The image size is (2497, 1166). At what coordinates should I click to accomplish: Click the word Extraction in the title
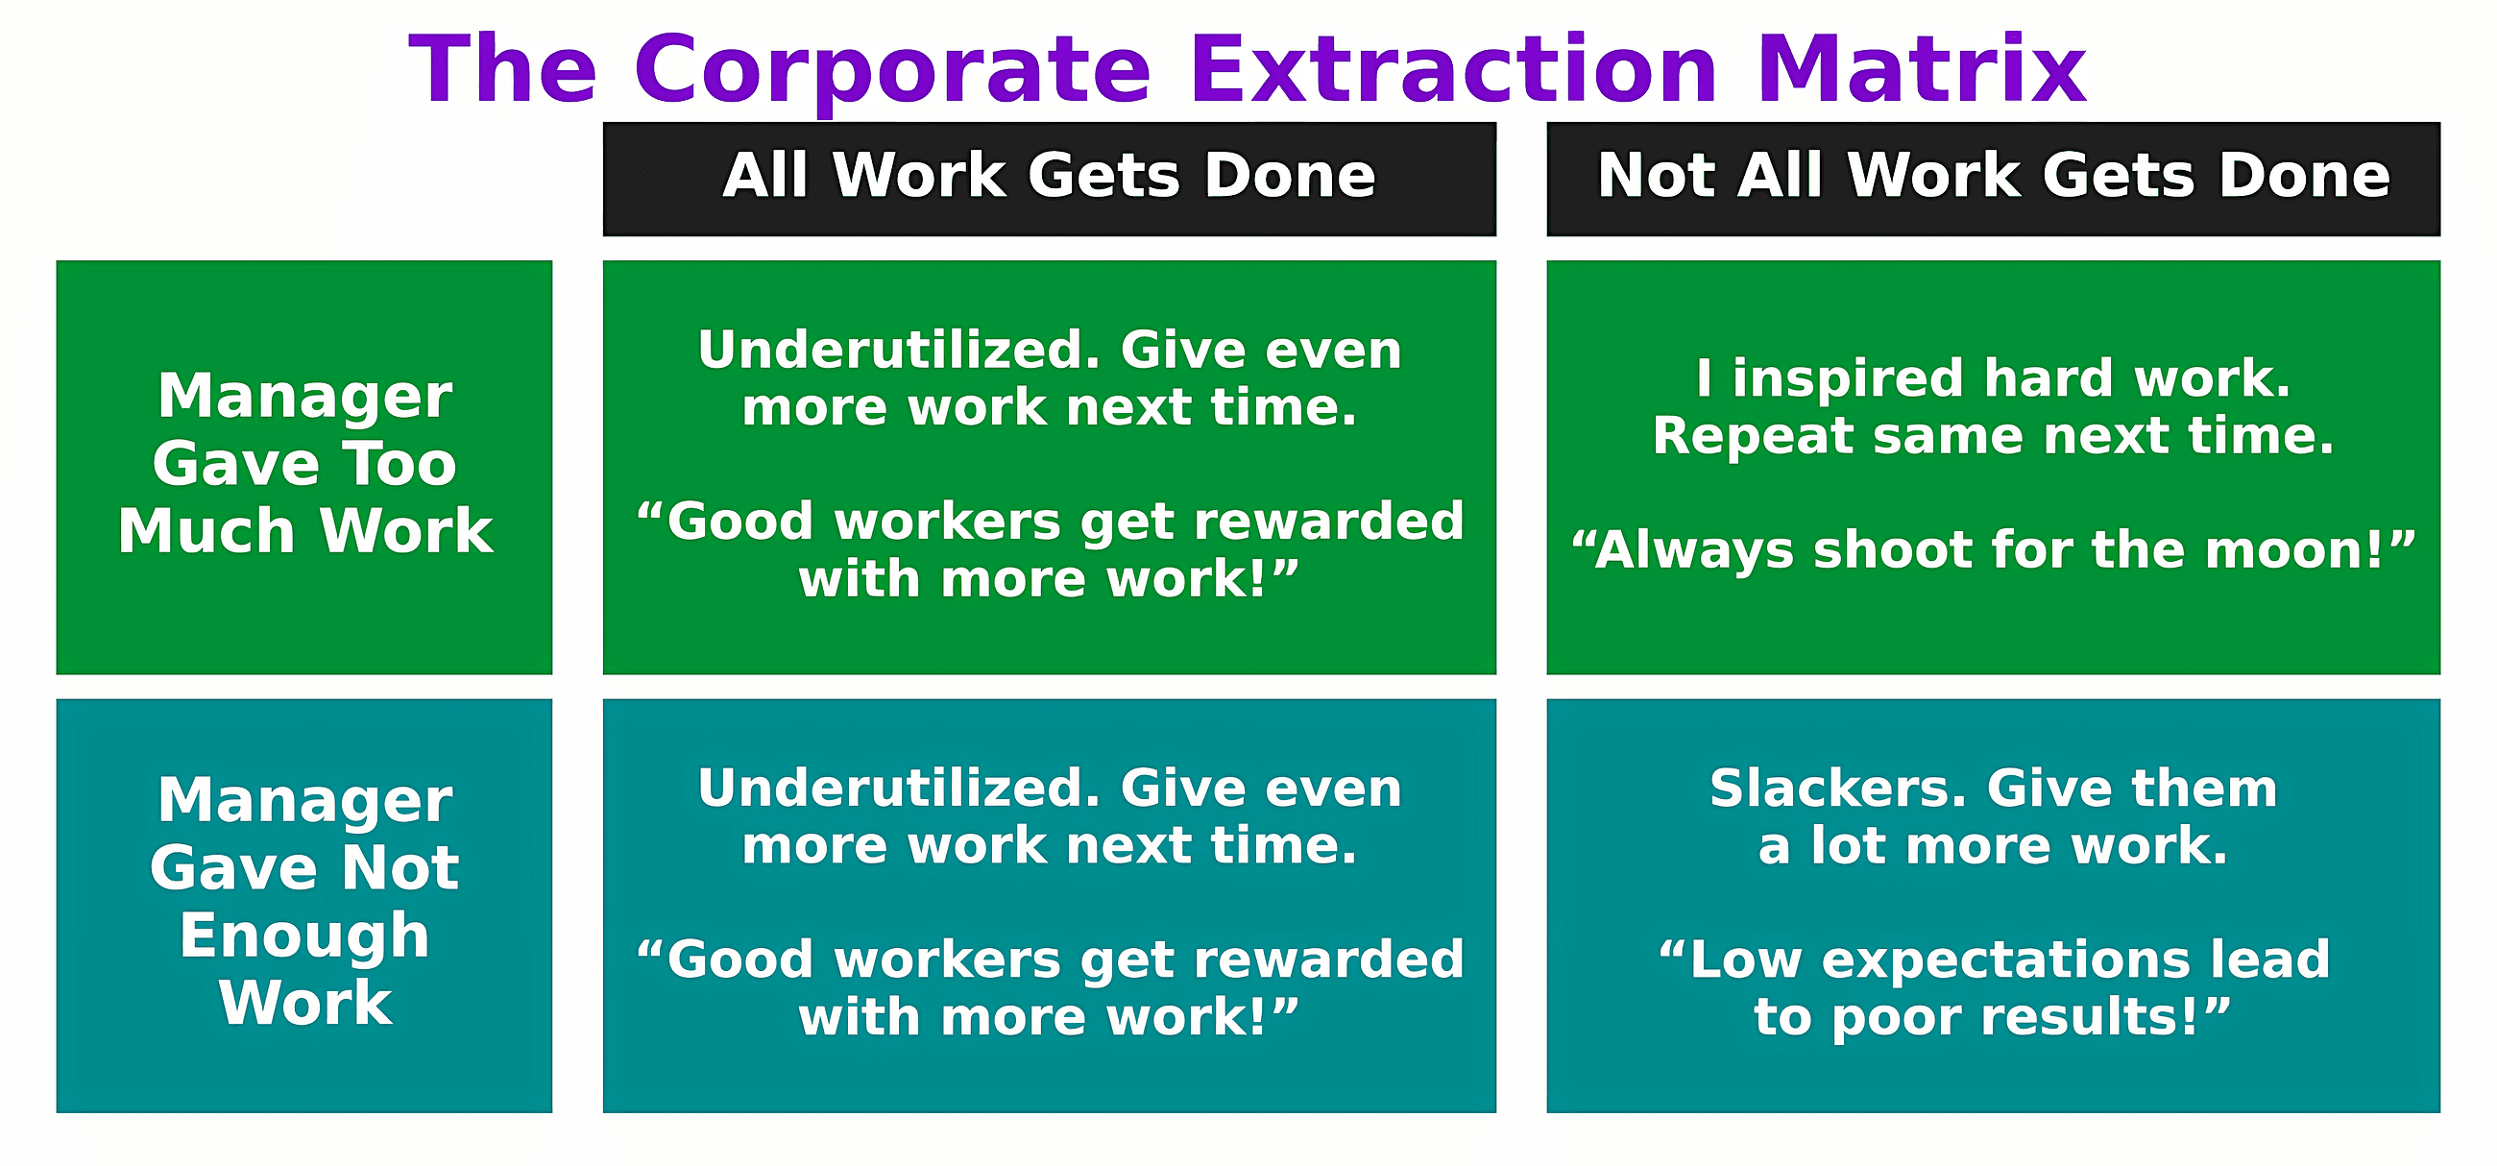1452,70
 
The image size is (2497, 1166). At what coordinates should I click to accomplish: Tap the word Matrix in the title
1920,70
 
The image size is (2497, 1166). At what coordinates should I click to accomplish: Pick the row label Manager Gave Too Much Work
304,464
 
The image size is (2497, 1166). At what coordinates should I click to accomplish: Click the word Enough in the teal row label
304,935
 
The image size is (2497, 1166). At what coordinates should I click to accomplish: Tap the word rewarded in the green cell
1328,522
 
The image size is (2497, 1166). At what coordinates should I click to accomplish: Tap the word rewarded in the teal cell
1328,960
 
